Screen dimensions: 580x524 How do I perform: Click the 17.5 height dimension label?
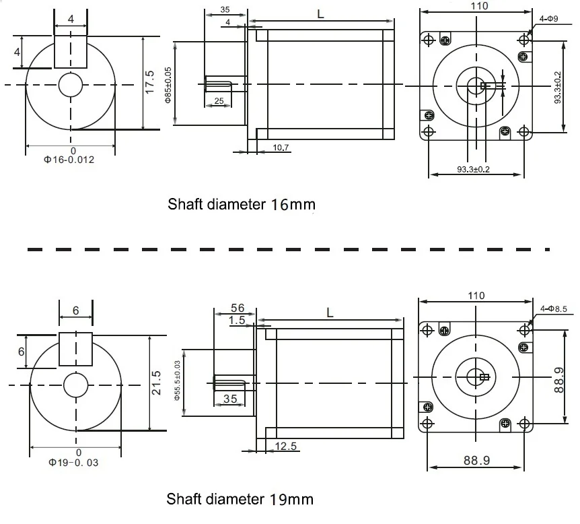pyautogui.click(x=149, y=82)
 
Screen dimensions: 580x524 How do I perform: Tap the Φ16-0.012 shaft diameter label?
pyautogui.click(x=69, y=160)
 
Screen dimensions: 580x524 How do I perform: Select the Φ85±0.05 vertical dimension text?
pyautogui.click(x=168, y=85)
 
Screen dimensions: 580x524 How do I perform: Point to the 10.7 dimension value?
pyautogui.click(x=281, y=148)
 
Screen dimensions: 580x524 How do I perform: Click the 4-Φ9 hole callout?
pyautogui.click(x=548, y=18)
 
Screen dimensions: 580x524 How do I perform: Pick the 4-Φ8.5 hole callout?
pyautogui.click(x=553, y=308)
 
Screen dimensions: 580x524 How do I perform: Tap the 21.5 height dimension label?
pyautogui.click(x=156, y=383)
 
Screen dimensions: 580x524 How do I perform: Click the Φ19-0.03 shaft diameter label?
pyautogui.click(x=73, y=463)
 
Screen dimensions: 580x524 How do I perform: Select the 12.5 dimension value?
pyautogui.click(x=286, y=446)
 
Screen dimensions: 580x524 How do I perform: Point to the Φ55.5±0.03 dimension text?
pyautogui.click(x=177, y=381)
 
